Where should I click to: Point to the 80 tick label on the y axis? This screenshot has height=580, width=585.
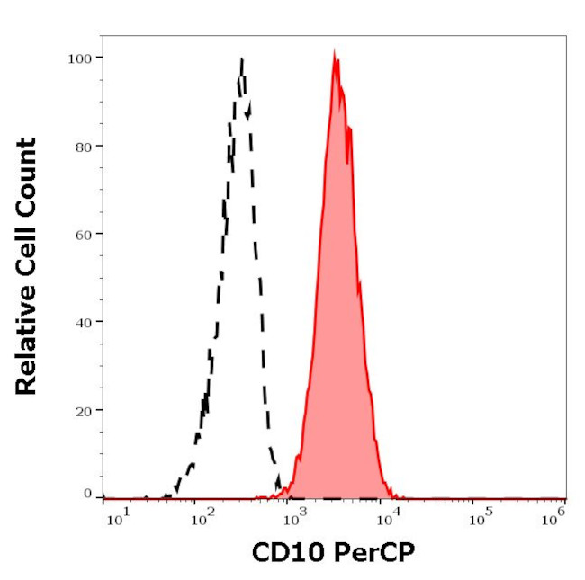click(x=82, y=146)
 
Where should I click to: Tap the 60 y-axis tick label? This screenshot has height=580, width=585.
click(x=82, y=234)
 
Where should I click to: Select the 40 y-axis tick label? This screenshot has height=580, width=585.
click(x=82, y=321)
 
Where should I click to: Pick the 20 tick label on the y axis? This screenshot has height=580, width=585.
click(x=82, y=409)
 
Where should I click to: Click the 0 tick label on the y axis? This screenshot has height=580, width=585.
click(x=86, y=494)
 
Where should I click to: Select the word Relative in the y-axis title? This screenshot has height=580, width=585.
click(x=26, y=346)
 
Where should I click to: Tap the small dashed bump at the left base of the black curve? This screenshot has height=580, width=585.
click(x=190, y=467)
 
